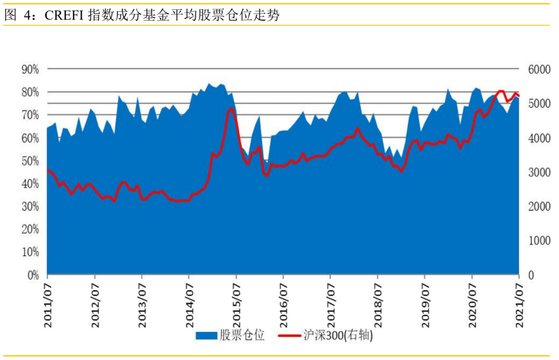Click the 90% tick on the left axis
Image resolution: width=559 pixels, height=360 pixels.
pyautogui.click(x=30, y=69)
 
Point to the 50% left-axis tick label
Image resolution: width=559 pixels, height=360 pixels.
pyautogui.click(x=30, y=160)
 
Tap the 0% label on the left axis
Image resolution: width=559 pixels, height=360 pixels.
pyautogui.click(x=32, y=275)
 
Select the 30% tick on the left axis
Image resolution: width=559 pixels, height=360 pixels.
pyautogui.click(x=30, y=206)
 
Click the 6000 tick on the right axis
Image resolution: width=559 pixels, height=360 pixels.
pyautogui.click(x=536, y=69)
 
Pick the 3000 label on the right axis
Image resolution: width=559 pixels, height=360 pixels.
pyautogui.click(x=536, y=172)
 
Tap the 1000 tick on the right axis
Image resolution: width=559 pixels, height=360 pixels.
pyautogui.click(x=536, y=241)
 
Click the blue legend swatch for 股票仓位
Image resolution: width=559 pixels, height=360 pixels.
pyautogui.click(x=206, y=336)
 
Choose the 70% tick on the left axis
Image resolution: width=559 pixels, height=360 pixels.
pyautogui.click(x=30, y=115)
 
